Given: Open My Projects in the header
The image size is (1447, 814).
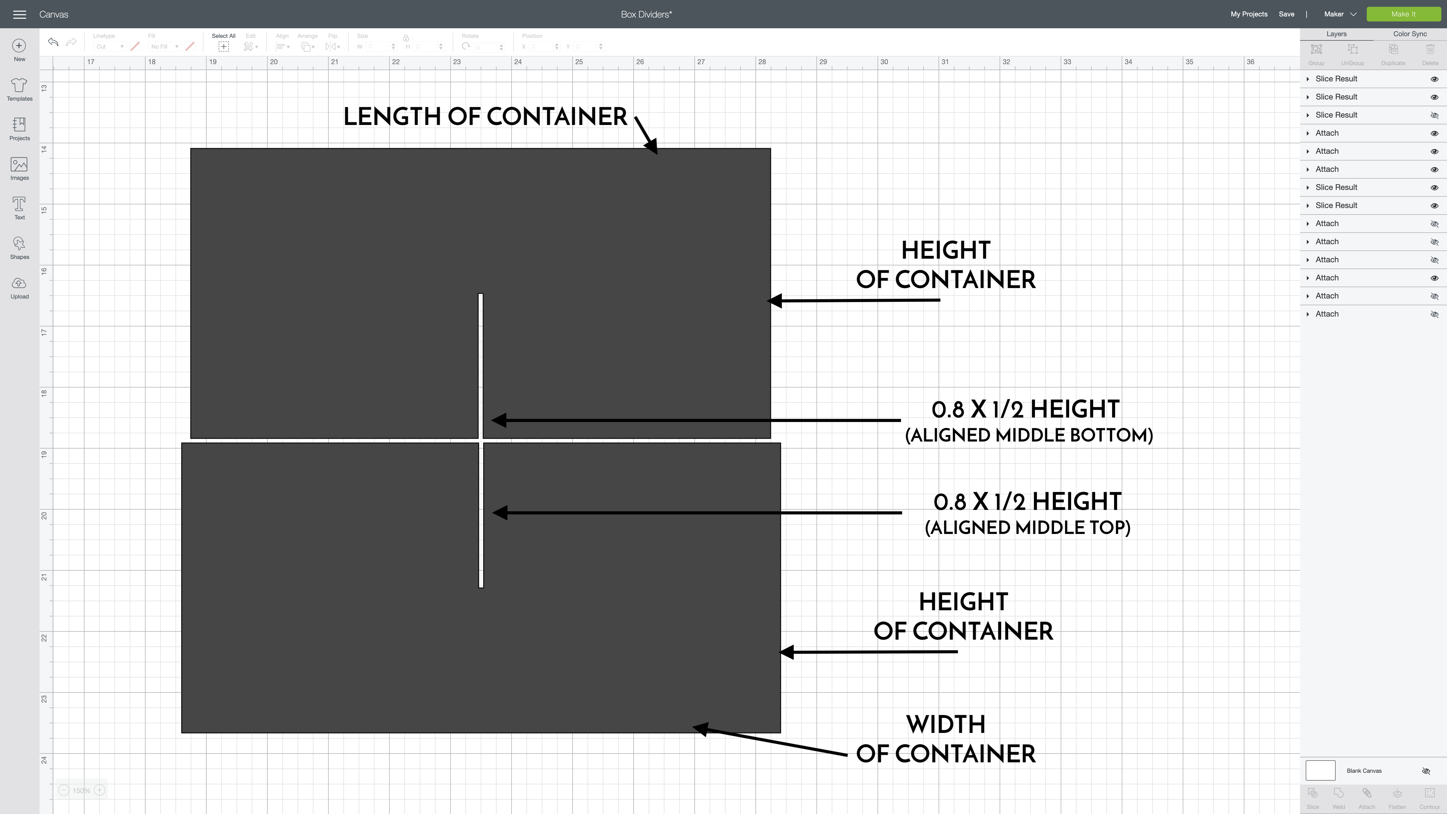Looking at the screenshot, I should coord(1249,14).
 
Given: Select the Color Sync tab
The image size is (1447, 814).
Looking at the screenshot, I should coord(1409,34).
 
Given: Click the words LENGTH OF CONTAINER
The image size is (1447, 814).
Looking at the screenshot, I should coord(485,117).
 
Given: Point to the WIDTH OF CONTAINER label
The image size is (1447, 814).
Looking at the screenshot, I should coord(945,739).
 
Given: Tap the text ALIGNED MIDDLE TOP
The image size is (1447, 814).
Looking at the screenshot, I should coord(1027,527).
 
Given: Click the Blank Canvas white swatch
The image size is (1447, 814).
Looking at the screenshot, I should coord(1320,770).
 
